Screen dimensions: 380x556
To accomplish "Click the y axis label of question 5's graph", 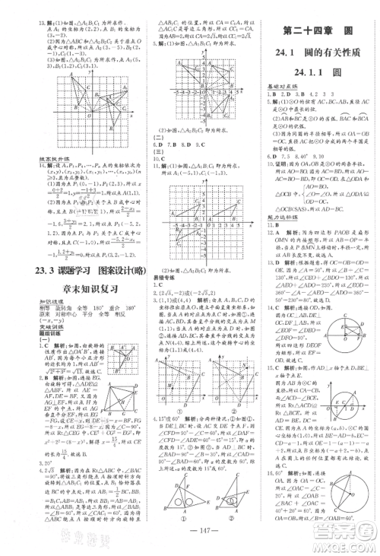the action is click(x=185, y=50).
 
